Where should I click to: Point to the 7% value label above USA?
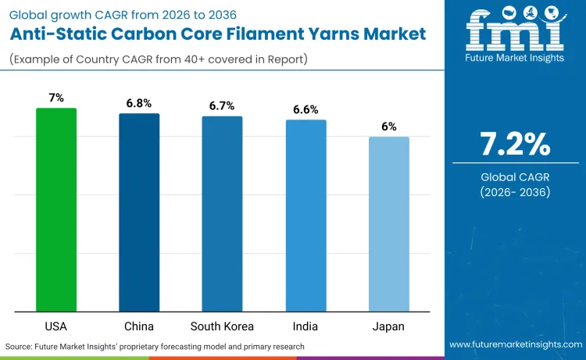tap(56, 98)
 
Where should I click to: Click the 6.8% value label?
tap(139, 103)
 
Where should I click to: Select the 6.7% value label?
tap(222, 105)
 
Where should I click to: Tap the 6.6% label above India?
tap(306, 109)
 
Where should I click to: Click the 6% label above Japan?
tap(388, 126)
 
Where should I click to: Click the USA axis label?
tap(56, 326)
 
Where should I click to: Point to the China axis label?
tap(139, 326)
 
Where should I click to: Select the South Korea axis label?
tap(222, 326)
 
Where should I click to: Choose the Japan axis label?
tap(388, 326)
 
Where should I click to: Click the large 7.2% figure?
tap(516, 145)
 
